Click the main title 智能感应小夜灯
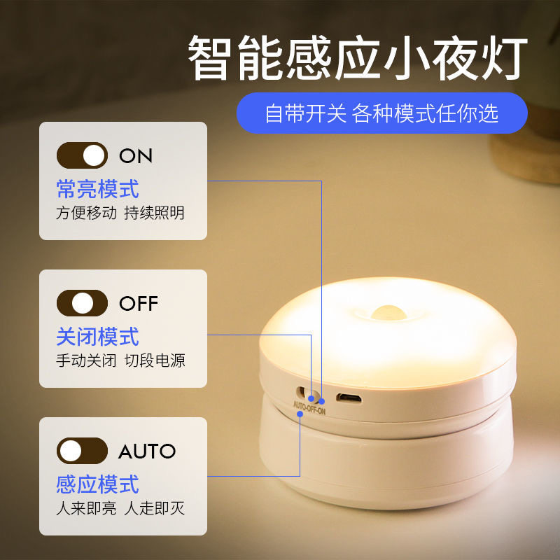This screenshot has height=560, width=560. point(357,59)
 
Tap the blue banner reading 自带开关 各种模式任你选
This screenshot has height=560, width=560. point(381,113)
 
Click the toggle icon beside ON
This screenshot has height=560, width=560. point(82,155)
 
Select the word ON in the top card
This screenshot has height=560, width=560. point(136,156)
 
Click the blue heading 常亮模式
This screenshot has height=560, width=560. point(97,188)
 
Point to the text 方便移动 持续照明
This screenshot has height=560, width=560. point(120,213)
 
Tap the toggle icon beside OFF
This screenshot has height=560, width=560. point(82,303)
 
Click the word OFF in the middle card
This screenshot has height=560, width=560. point(139,304)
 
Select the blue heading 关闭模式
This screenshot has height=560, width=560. point(97,337)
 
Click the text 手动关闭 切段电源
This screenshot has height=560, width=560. point(120,361)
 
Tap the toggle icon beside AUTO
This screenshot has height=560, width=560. point(82,451)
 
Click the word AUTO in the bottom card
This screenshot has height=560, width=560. point(147,451)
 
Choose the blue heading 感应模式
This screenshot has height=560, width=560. point(97,484)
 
